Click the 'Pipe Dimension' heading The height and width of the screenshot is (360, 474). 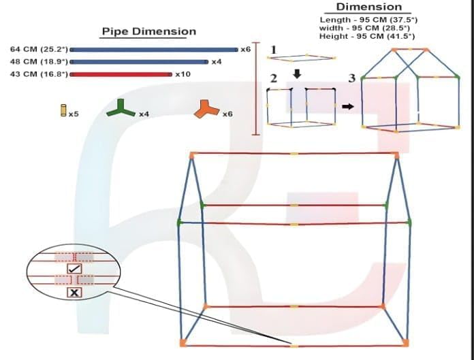point(148,31)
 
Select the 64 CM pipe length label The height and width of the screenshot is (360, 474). point(39,49)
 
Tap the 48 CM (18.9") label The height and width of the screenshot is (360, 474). point(39,62)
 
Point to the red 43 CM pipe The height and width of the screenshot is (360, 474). point(121,74)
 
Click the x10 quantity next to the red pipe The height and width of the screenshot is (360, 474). point(183,74)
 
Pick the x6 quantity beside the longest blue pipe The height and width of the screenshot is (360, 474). point(246,49)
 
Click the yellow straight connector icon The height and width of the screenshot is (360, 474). point(63,110)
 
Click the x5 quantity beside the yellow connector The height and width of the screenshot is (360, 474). point(74,114)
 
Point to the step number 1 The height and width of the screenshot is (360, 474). point(274,50)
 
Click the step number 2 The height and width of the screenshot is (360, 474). point(273,78)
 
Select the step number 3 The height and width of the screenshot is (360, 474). point(351,78)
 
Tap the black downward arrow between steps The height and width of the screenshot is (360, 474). point(298,74)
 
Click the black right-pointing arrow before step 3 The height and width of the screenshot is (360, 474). point(348,106)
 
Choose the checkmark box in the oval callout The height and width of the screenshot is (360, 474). point(74,269)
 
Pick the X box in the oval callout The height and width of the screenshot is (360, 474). point(74,293)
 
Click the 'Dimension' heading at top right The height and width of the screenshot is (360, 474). point(369,7)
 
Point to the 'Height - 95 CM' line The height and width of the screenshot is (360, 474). point(367,36)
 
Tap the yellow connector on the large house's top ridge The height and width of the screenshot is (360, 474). point(294,154)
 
